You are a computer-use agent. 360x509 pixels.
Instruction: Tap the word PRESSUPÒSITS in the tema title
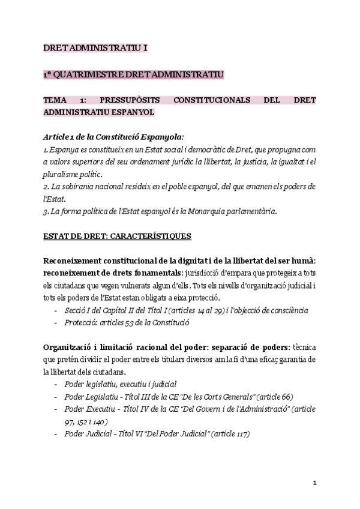125,100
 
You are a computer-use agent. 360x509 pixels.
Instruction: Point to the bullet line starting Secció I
187,310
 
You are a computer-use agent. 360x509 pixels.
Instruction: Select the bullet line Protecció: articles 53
127,322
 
